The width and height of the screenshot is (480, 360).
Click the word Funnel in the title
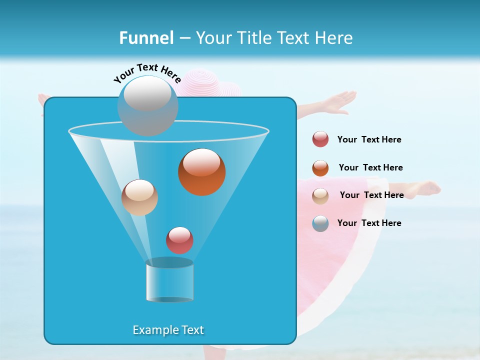146,38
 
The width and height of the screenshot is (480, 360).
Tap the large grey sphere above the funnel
147,105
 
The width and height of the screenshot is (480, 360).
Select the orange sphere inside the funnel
201,172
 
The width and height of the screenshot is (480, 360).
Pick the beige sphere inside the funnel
139,197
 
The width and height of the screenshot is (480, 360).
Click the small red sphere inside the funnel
179,240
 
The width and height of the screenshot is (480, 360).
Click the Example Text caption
168,330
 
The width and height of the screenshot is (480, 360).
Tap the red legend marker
320,139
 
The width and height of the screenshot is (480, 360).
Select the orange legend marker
320,168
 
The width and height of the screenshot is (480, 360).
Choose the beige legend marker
320,196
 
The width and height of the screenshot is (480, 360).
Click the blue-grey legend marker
320,223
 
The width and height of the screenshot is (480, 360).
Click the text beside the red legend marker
369,140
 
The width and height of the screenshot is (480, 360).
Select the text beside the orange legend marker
370,167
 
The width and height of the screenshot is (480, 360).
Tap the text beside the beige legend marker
371,195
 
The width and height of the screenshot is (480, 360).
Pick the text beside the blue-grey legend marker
369,223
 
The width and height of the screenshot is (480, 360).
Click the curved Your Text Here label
147,72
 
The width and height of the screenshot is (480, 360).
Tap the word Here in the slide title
334,38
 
